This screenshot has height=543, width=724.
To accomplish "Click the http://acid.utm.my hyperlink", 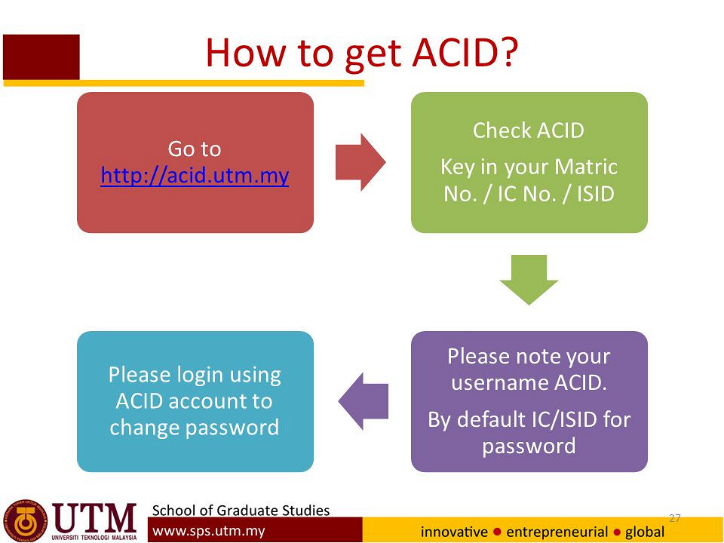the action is pyautogui.click(x=195, y=176).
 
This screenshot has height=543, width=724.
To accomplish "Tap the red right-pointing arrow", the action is pyautogui.click(x=360, y=162).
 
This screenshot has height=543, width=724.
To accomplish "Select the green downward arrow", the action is pyautogui.click(x=529, y=280).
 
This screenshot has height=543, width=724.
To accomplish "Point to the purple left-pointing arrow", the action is pyautogui.click(x=364, y=401).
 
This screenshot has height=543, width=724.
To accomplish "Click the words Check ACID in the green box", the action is pyautogui.click(x=529, y=130).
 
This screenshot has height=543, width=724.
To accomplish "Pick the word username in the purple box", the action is pyautogui.click(x=500, y=383).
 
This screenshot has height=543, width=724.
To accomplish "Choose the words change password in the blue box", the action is pyautogui.click(x=195, y=428).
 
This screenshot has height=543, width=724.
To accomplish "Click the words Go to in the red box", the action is pyautogui.click(x=195, y=149).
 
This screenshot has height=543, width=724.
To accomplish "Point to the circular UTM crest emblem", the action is pyautogui.click(x=26, y=520).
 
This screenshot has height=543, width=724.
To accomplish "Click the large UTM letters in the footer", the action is pyautogui.click(x=94, y=518).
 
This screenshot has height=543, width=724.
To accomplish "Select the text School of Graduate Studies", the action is pyautogui.click(x=241, y=511).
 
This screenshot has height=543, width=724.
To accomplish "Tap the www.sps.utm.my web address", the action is pyautogui.click(x=209, y=531).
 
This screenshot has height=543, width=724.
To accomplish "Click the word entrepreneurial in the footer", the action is pyautogui.click(x=557, y=532).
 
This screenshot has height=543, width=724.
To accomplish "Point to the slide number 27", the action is pyautogui.click(x=674, y=518).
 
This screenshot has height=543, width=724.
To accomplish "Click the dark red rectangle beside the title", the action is pyautogui.click(x=41, y=57).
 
